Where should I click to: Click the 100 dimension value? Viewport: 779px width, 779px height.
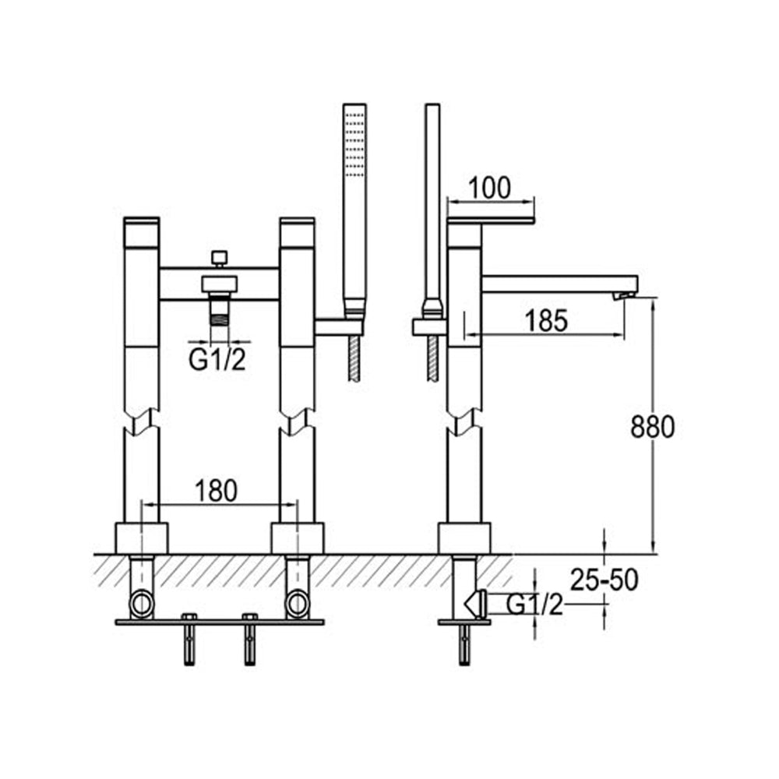(490, 188)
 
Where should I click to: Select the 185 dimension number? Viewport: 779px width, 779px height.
(546, 320)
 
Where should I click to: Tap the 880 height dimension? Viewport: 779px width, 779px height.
(652, 426)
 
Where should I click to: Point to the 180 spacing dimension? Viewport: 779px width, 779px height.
(216, 491)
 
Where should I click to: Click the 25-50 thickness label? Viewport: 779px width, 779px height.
(604, 580)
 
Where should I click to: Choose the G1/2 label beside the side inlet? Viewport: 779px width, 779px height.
(534, 604)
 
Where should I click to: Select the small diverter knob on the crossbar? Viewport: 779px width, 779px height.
(220, 256)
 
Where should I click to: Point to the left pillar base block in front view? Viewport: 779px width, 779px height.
(142, 538)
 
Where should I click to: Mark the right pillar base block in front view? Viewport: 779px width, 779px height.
(297, 538)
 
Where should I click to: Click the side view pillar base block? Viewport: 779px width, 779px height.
(464, 538)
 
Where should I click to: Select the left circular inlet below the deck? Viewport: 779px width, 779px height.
(142, 602)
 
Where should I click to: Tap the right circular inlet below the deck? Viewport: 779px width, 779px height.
(297, 602)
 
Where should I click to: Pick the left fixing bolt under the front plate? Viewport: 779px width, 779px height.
(189, 641)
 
